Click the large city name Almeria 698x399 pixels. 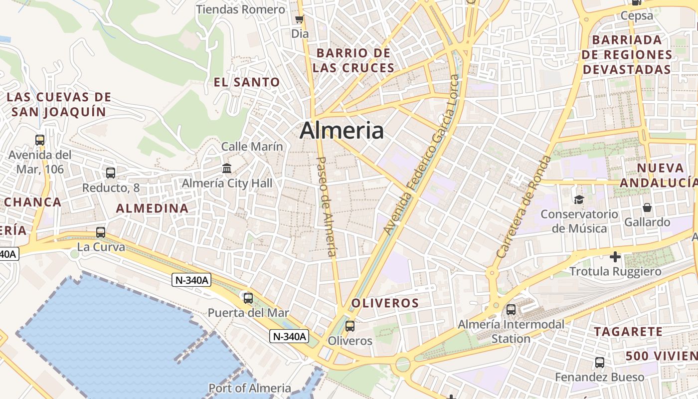[x=342, y=131]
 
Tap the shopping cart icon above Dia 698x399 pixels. [x=299, y=19]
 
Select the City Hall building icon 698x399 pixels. [x=227, y=168]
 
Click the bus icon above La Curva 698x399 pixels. [x=101, y=232]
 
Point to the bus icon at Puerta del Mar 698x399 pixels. [x=248, y=298]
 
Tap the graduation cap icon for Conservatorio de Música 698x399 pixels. [x=578, y=199]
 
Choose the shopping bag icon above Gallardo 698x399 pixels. [x=647, y=207]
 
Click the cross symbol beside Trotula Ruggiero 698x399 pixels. [x=615, y=257]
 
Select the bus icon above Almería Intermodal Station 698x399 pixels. [x=511, y=309]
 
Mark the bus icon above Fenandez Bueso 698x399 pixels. [x=599, y=363]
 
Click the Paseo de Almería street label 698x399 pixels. [x=327, y=206]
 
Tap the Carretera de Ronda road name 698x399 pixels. [x=524, y=206]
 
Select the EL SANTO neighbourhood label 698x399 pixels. [x=247, y=82]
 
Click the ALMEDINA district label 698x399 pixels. [x=152, y=208]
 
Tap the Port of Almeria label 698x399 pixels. [x=250, y=388]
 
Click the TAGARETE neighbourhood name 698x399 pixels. [x=628, y=332]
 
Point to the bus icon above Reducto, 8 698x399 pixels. [x=111, y=173]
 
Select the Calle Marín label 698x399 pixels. [x=252, y=147]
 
